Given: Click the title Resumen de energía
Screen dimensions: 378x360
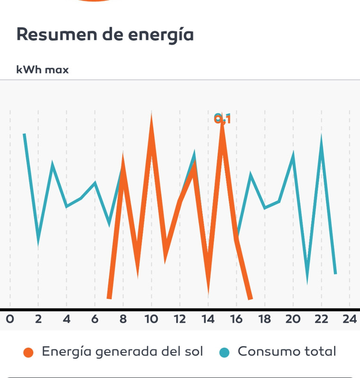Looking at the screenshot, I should [105, 34].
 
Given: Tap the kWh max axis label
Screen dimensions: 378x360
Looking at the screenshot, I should [43, 70].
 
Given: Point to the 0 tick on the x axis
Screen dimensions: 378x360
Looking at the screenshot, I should [9, 319].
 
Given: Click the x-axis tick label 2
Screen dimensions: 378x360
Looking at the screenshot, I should [38, 319].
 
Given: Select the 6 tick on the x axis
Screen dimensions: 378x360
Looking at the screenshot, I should [94, 319].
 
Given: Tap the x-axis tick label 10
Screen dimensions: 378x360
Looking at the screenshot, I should [151, 319].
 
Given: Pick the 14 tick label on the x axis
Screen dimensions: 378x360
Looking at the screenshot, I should [208, 319].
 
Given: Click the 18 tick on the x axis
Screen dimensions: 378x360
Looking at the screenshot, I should [265, 319].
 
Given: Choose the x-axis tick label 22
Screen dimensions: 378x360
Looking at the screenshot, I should [321, 319].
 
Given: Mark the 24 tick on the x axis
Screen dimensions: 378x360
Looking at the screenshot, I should [350, 319].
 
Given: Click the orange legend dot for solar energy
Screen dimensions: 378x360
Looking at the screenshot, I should [28, 352].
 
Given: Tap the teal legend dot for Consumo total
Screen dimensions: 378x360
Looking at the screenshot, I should [225, 352].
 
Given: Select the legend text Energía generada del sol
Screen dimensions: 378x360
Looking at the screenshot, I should [122, 352].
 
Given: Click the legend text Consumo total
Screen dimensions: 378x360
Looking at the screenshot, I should [287, 352].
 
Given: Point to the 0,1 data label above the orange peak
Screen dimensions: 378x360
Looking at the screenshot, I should [223, 119].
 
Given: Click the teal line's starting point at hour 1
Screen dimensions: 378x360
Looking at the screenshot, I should [24, 135].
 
